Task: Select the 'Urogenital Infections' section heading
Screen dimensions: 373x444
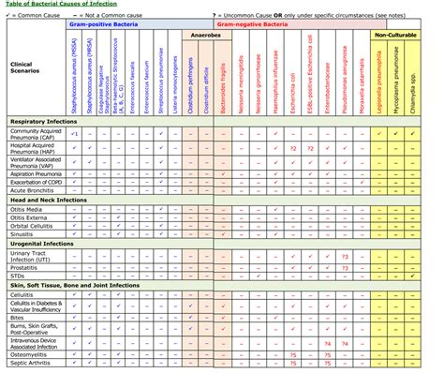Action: pyautogui.click(x=43, y=242)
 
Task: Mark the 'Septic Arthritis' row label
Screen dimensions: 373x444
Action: pyautogui.click(x=31, y=366)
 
